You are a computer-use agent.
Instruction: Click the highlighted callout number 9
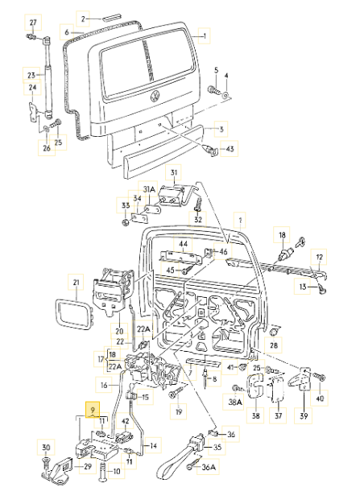pyautogui.click(x=93, y=410)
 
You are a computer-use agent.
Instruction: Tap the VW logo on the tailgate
pyautogui.click(x=155, y=97)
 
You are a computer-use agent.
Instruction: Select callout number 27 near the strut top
pyautogui.click(x=34, y=23)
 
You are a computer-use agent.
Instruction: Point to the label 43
pyautogui.click(x=230, y=149)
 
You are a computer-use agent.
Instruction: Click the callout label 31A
pyautogui.click(x=149, y=190)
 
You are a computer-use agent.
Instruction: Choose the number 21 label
pyautogui.click(x=77, y=283)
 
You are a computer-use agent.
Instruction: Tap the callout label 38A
pyautogui.click(x=235, y=402)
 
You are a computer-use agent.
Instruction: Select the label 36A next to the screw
pyautogui.click(x=209, y=467)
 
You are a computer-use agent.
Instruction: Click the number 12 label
pyautogui.click(x=319, y=257)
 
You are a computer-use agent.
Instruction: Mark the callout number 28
pyautogui.click(x=274, y=345)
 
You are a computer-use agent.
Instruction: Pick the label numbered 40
pyautogui.click(x=320, y=399)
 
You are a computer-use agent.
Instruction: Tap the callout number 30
pyautogui.click(x=46, y=447)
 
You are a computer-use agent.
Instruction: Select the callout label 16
pyautogui.click(x=104, y=385)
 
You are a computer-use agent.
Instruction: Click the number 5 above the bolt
pyautogui.click(x=217, y=70)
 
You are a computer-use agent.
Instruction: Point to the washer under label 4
pyautogui.click(x=226, y=95)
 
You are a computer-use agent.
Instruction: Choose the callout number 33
pyautogui.click(x=126, y=206)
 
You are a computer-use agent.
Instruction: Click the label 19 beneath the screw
pyautogui.click(x=179, y=411)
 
